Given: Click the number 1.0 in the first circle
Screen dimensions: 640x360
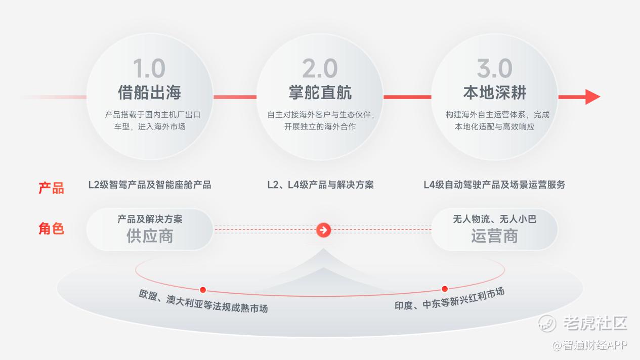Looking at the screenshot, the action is (x=149, y=68).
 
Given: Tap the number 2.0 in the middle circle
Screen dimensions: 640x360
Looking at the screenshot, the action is (x=320, y=68).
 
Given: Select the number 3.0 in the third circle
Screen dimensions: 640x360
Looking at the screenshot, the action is (x=495, y=68).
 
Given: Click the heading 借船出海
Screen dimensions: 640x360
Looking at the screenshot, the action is (x=149, y=93).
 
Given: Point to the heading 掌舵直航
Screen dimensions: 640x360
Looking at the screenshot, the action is (x=320, y=93).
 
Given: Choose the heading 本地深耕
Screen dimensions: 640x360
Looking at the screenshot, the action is (x=495, y=93).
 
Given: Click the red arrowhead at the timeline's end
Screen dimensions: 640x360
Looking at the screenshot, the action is (x=592, y=97).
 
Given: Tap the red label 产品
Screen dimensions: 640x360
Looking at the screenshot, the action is (x=51, y=188).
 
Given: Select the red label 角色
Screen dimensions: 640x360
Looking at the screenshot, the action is (x=51, y=229).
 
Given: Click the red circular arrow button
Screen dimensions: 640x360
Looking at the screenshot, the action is (x=323, y=230).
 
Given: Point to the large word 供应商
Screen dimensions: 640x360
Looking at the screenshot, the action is (x=150, y=236).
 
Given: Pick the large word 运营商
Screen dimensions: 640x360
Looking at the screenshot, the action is (x=495, y=236).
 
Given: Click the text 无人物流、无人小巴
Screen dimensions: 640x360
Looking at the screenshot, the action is (x=495, y=219).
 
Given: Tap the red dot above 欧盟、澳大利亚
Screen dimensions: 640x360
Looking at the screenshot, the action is (x=203, y=290).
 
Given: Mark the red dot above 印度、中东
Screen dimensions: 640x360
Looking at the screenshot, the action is (x=445, y=289).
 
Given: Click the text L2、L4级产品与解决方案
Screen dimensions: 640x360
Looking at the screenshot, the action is (x=320, y=185).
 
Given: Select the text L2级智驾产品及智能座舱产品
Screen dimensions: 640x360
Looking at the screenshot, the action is (x=150, y=185).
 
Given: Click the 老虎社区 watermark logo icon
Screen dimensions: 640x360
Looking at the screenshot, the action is (x=547, y=324).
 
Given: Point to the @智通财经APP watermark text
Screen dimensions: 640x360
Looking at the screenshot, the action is (x=589, y=345).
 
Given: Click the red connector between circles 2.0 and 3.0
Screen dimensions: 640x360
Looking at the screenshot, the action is (x=407, y=97).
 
